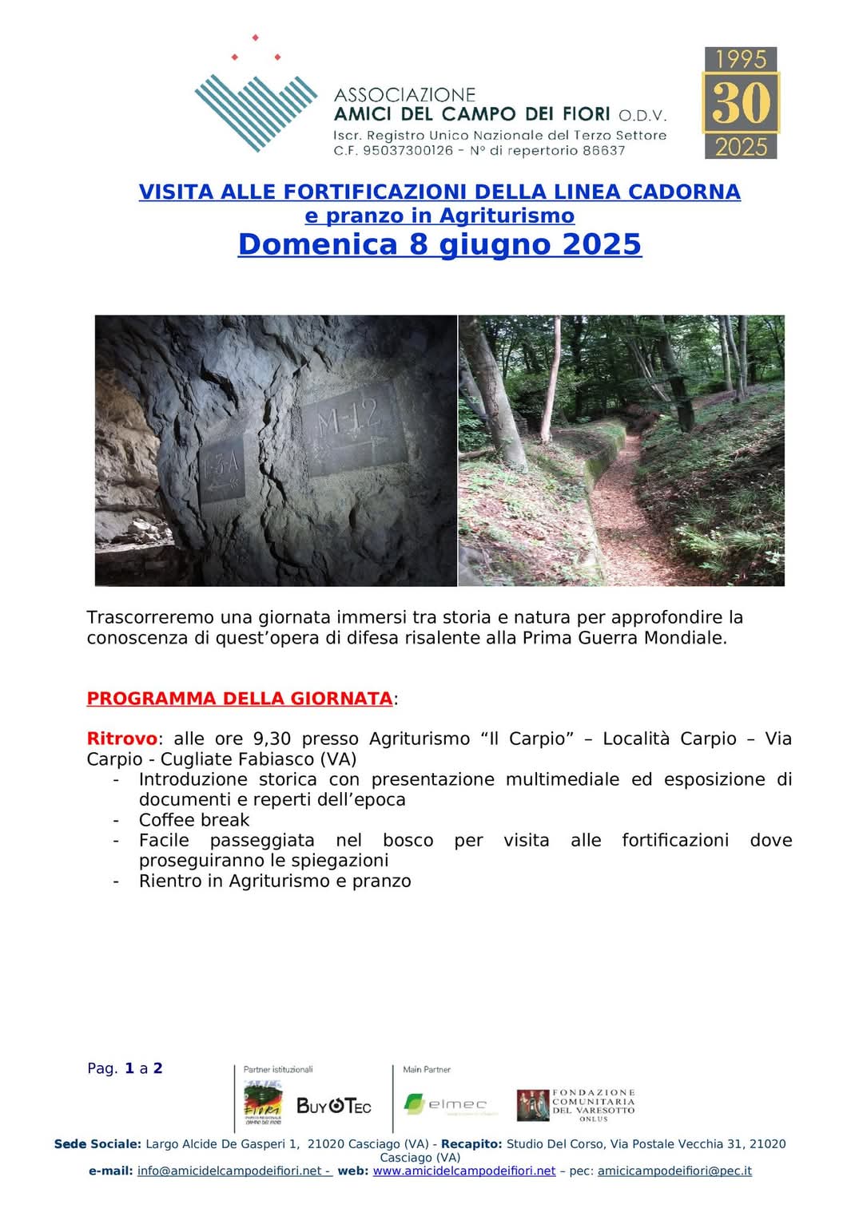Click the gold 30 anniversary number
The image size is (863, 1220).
coord(741,103)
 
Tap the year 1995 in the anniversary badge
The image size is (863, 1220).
coord(741,60)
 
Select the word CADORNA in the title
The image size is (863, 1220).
coord(684,192)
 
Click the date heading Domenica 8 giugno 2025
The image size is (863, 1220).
coord(439,244)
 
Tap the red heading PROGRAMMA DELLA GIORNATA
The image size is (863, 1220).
coord(239,699)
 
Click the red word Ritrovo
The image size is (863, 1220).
coord(121,739)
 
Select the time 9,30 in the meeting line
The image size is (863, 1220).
coord(272,739)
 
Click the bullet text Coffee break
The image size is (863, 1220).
coord(194,820)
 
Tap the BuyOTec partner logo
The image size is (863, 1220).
coord(334,1106)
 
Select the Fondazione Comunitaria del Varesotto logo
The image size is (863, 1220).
coord(576,1105)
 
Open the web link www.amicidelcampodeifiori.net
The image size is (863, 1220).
coord(463,1170)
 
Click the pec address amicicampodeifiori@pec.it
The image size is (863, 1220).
coord(674,1170)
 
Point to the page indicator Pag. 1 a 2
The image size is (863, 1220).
coord(125,1068)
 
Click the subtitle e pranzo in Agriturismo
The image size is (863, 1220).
coord(439,216)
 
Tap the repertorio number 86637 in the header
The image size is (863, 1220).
coord(603,150)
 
